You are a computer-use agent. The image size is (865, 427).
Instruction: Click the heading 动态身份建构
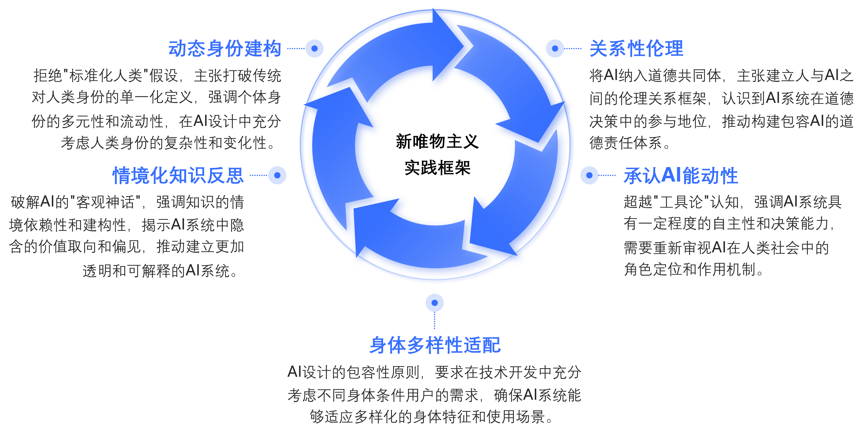225,49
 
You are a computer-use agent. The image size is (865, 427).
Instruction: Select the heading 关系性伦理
636,49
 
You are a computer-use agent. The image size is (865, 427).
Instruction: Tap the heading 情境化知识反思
178,175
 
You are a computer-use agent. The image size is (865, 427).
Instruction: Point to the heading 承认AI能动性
681,175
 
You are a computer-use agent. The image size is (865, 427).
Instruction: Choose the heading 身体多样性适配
435,345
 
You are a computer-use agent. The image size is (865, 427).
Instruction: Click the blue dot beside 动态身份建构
314,48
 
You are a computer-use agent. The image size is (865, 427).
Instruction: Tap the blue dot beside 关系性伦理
555,48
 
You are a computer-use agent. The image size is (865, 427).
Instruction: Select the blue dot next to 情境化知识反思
277,175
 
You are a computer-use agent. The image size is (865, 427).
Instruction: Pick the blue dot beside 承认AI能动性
589,175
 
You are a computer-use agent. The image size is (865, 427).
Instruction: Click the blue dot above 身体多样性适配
434,303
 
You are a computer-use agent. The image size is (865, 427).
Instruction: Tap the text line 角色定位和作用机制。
694,269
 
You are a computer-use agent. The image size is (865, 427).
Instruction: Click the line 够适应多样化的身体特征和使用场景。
431,417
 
